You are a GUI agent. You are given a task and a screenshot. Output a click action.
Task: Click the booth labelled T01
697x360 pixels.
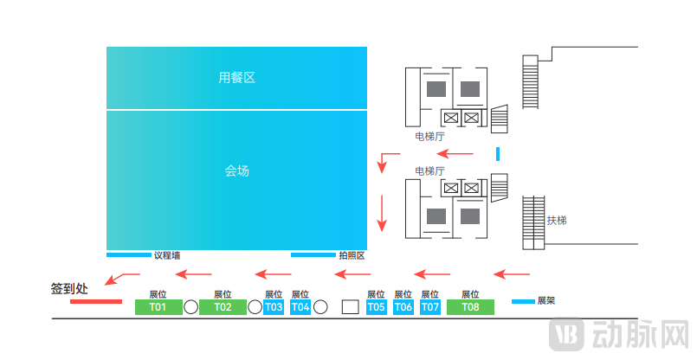coord(158,307)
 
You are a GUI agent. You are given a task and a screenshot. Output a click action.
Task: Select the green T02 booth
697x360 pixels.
coord(223,307)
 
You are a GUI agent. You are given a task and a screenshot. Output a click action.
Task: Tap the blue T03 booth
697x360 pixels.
coord(274,307)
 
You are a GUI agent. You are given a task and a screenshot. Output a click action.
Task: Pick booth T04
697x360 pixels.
coord(300,307)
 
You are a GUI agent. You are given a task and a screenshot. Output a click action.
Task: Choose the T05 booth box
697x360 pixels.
coord(376,307)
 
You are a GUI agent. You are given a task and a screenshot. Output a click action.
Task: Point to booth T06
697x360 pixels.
coord(403,307)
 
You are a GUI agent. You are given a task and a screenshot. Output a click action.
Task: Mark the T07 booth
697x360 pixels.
coord(430,307)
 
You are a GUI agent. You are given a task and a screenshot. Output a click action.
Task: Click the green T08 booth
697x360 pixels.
coord(470,307)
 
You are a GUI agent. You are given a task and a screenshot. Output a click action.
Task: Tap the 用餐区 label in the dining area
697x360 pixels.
coord(236,78)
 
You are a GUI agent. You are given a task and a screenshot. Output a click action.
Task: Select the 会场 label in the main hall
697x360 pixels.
coord(236,171)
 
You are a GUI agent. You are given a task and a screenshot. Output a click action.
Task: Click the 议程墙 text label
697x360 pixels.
coord(167,255)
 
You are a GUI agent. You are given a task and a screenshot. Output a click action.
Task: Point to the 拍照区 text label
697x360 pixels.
coord(352,255)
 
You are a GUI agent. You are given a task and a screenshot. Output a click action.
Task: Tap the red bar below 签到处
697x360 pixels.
coord(95,302)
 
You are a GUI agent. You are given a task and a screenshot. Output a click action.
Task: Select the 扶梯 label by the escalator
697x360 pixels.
coord(557,221)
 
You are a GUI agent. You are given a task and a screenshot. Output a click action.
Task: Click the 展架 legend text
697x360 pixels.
coord(546,301)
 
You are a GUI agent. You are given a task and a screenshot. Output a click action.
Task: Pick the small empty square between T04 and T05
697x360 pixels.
coord(350,306)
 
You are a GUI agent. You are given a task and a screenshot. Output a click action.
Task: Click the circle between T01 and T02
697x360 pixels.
coord(190,307)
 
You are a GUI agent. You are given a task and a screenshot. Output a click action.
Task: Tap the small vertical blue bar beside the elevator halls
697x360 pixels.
coord(498,154)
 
